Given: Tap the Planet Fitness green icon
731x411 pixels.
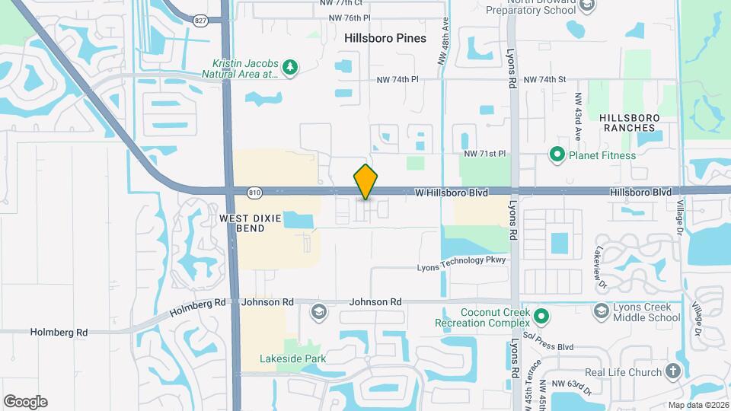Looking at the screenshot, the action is coord(557,155).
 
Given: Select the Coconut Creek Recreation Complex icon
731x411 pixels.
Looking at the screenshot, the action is coord(541,315).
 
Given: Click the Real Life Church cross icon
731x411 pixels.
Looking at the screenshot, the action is coord(672,371).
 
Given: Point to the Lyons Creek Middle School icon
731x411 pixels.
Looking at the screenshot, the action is coord(602,311).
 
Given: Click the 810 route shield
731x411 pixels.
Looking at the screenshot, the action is coord(255,193).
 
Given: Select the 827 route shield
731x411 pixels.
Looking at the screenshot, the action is coord(200,21).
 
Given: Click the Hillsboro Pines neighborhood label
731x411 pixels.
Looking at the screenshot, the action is coord(385,37).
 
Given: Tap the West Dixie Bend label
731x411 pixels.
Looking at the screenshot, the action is coord(251,223).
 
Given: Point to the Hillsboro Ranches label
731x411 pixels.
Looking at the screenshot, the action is coord(634,123).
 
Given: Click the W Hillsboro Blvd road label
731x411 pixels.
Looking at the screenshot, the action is coord(451,193).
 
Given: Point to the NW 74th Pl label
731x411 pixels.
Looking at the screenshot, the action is coord(397,80).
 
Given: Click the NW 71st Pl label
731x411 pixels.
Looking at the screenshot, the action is coord(486,154).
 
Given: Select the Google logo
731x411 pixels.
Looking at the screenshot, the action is coord(25,402).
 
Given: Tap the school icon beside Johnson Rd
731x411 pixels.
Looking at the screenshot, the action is coord(318,311).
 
